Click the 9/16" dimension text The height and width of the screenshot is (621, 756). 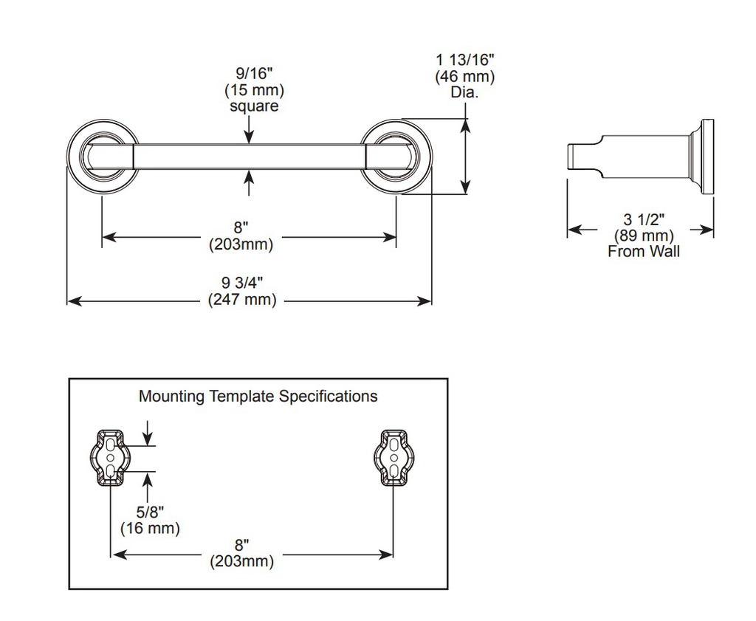pos(254,73)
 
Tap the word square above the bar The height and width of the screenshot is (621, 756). pos(254,106)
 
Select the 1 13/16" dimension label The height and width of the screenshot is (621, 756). pos(465,60)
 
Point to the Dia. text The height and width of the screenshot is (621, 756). pos(465,92)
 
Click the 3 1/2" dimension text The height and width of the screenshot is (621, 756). pos(644,219)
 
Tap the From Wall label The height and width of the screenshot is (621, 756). pos(644,251)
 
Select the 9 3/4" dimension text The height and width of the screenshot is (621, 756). pos(242,283)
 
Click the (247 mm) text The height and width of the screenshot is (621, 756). pos(242,299)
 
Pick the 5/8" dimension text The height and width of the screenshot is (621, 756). pos(150,512)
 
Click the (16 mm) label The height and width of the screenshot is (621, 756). pos(150,528)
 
